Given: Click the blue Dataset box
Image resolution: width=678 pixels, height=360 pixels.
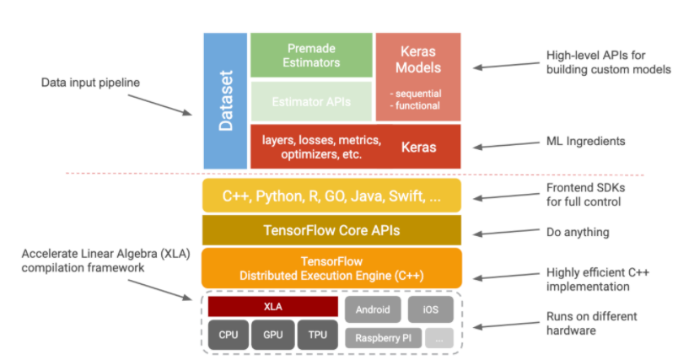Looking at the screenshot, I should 225,100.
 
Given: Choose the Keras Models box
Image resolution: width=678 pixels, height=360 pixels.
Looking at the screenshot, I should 418,76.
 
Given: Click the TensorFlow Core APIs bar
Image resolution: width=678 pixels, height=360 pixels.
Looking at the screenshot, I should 331,230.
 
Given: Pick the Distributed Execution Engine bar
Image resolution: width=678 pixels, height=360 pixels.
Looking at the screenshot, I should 331,267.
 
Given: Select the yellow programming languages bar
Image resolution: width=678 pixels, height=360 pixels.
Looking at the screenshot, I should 331,196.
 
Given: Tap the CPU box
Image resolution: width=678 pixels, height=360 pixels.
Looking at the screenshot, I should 229,335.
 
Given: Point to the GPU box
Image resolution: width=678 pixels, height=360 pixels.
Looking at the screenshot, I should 272,335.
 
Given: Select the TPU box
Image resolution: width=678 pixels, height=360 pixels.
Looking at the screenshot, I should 317,335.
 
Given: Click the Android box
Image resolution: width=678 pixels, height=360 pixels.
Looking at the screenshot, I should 373,309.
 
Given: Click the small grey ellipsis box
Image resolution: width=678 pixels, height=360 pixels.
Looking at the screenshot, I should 440,338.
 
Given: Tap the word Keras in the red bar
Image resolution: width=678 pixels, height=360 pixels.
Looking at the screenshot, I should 418,147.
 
